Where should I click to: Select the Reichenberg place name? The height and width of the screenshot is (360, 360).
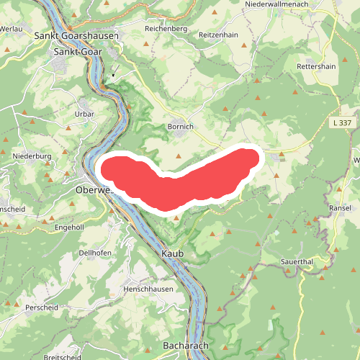pyautogui.click(x=166, y=29)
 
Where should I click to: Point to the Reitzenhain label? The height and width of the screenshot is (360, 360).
pyautogui.click(x=218, y=35)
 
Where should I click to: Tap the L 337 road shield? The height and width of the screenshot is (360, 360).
pyautogui.click(x=342, y=123)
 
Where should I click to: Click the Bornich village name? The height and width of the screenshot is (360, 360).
pyautogui.click(x=180, y=127)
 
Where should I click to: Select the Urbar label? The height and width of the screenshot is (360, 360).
pyautogui.click(x=84, y=114)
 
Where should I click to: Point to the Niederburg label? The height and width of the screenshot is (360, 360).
pyautogui.click(x=32, y=156)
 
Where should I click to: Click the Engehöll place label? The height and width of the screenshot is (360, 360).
pyautogui.click(x=70, y=227)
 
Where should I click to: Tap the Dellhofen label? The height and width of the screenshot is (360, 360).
pyautogui.click(x=94, y=253)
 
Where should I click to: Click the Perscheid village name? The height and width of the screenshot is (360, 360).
pyautogui.click(x=42, y=307)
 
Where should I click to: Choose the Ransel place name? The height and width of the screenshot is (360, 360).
pyautogui.click(x=340, y=207)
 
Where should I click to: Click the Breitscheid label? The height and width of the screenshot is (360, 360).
pyautogui.click(x=62, y=357)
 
